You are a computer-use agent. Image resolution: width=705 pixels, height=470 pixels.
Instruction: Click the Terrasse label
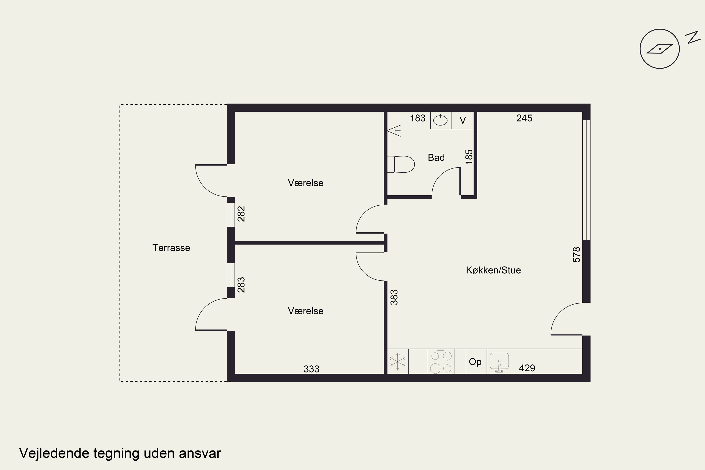click(x=171, y=248)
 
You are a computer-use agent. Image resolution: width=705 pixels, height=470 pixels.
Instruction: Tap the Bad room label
click(x=436, y=157)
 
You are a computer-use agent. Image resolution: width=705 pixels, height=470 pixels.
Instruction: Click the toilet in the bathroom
click(x=401, y=164)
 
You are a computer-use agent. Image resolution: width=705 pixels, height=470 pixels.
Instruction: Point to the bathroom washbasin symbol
click(x=441, y=120)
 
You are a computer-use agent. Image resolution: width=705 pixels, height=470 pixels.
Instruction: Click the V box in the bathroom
click(x=462, y=120)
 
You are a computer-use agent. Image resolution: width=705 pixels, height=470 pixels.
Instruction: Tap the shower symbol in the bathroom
click(x=394, y=131)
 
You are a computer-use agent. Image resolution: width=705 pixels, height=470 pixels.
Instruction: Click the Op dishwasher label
click(x=475, y=362)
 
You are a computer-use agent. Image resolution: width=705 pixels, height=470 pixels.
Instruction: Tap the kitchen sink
click(x=499, y=362)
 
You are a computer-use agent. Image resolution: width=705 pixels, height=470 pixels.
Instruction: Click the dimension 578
click(x=576, y=255)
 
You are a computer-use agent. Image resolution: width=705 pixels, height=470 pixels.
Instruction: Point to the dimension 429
click(x=527, y=368)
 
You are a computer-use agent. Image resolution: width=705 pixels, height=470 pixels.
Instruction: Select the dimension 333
click(x=311, y=369)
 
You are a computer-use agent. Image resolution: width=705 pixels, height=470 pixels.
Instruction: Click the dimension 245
click(x=524, y=118)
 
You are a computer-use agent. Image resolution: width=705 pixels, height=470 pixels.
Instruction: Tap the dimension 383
click(x=394, y=297)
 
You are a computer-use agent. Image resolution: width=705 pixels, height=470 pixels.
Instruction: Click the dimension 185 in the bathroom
click(x=469, y=157)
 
